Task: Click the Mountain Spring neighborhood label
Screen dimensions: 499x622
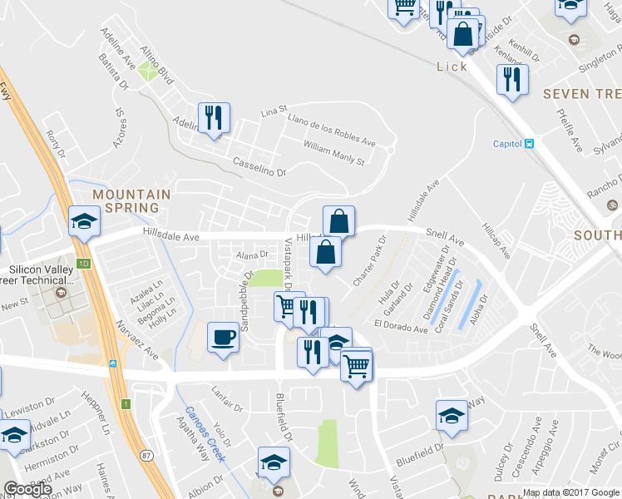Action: (x=131, y=200)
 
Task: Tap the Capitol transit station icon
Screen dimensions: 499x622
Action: (x=529, y=142)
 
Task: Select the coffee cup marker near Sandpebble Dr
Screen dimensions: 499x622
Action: (x=222, y=337)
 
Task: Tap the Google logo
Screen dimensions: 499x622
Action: (x=27, y=490)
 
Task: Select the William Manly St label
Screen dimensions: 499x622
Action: (x=334, y=153)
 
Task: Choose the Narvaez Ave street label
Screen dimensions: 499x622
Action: (x=141, y=343)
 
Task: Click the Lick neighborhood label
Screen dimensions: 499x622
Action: (x=452, y=67)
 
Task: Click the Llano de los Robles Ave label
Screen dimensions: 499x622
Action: (x=331, y=131)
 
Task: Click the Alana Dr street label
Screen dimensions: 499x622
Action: (x=252, y=255)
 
